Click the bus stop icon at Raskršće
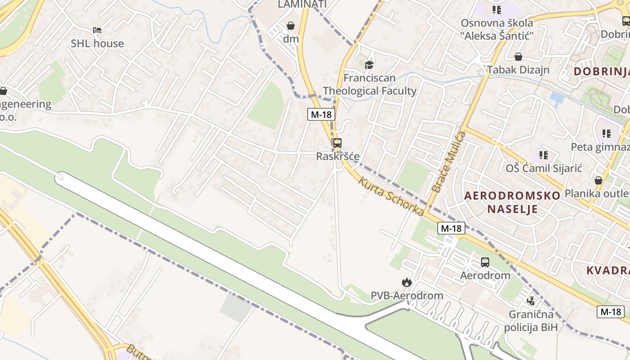(337, 143)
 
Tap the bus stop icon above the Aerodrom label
(485, 262)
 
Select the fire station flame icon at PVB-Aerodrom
(406, 282)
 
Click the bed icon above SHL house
(97, 30)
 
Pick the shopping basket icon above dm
(291, 25)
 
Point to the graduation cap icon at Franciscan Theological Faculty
(369, 65)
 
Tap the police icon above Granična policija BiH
(531, 301)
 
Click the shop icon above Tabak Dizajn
(518, 57)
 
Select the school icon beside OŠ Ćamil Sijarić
(544, 155)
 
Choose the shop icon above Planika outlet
(598, 180)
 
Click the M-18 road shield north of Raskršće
(321, 114)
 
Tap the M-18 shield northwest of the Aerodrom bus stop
(451, 228)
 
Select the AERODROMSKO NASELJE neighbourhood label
(512, 202)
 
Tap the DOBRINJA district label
(601, 71)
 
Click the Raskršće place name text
(337, 157)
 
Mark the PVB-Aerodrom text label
(407, 296)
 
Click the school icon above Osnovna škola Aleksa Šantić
(496, 9)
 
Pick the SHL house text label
(97, 44)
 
